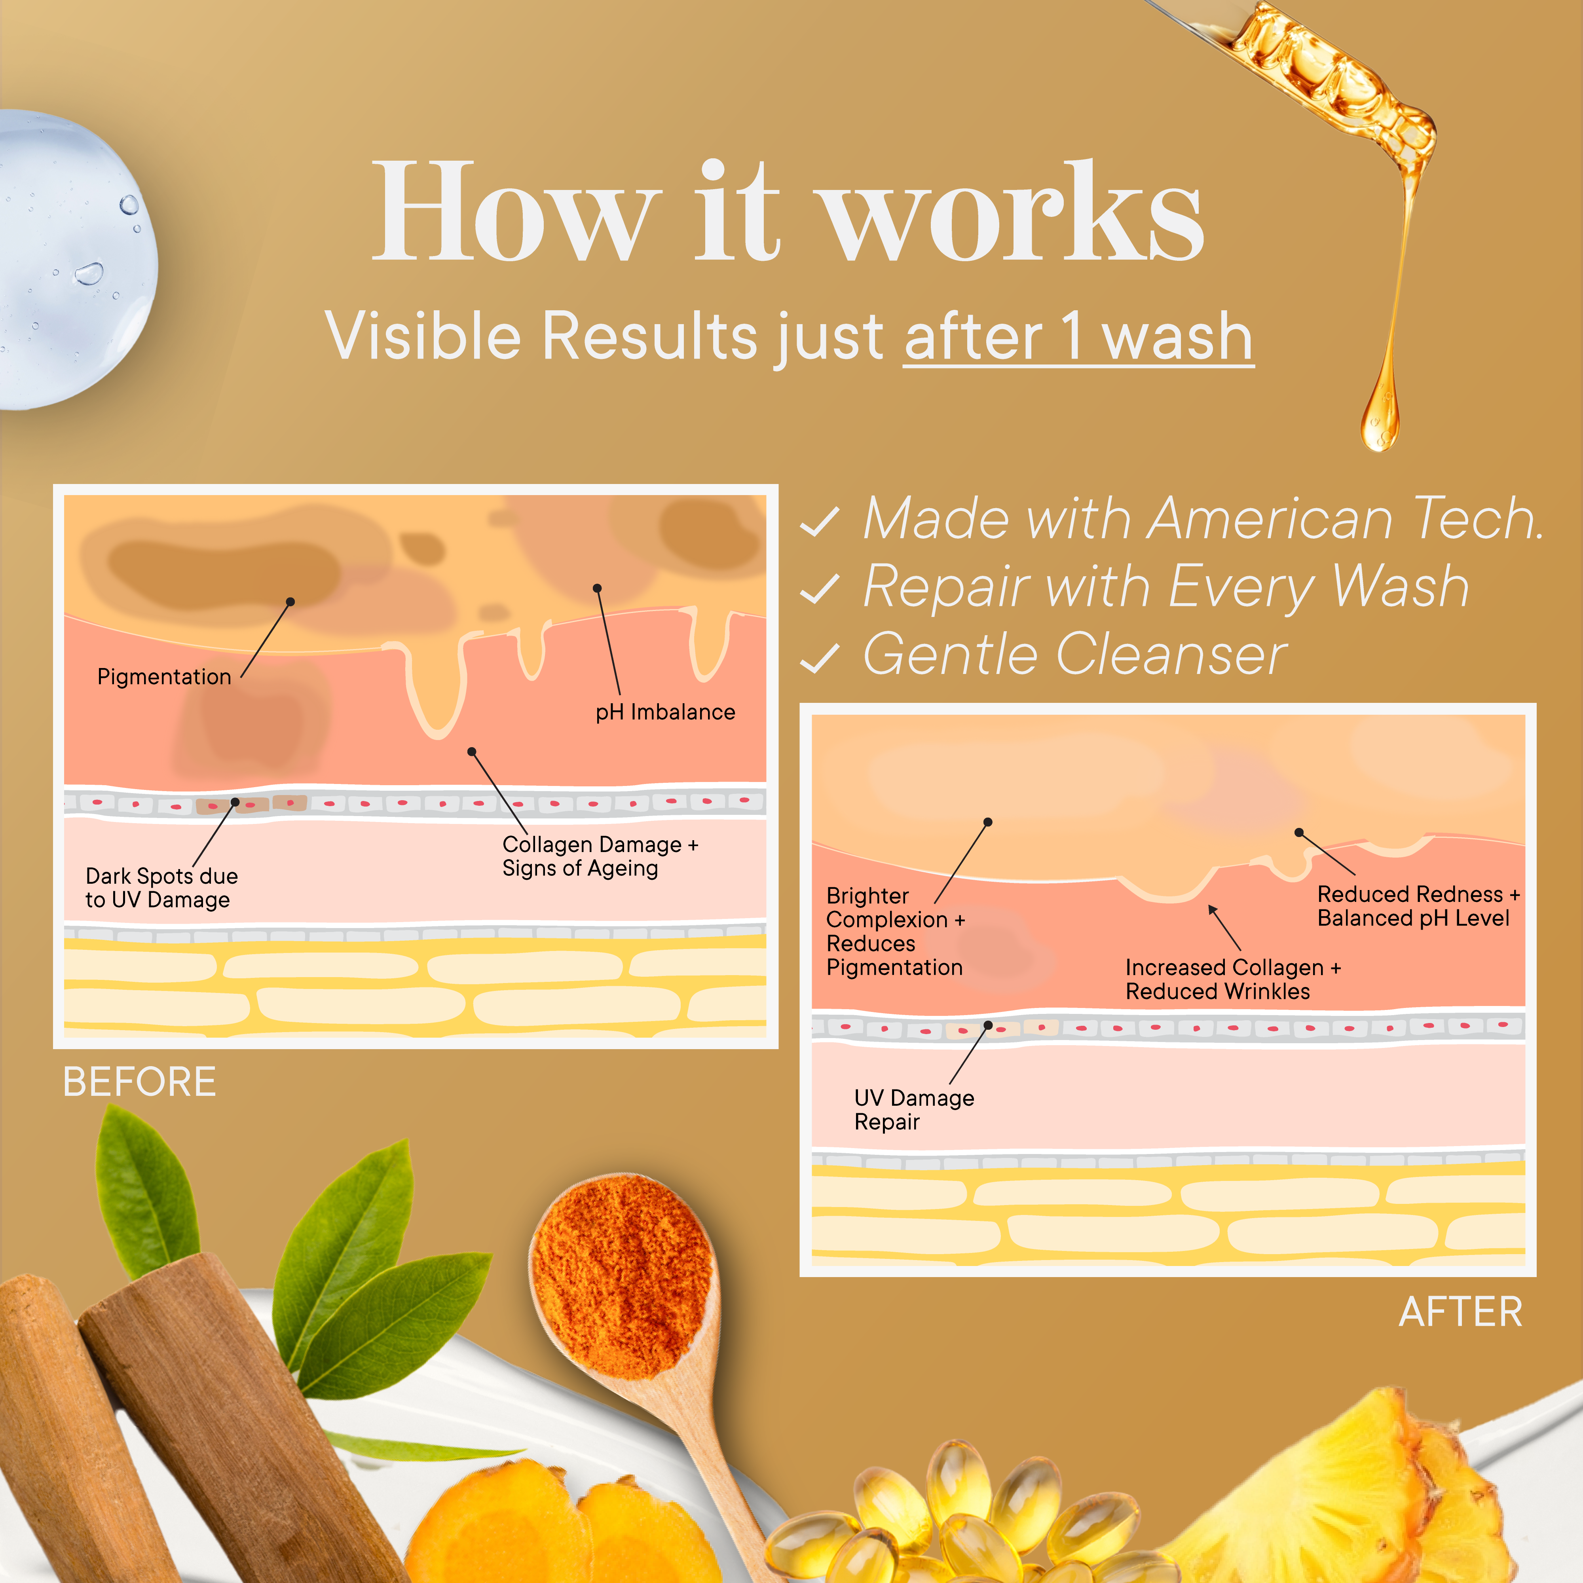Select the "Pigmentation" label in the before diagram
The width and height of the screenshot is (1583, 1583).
tap(164, 677)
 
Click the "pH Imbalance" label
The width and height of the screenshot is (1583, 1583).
tap(665, 712)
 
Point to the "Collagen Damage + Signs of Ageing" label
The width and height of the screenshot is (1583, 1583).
tap(600, 856)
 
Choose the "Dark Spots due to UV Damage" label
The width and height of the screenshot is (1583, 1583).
tap(161, 887)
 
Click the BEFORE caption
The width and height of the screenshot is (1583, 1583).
tap(139, 1082)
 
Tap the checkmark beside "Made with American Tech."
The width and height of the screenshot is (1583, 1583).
tap(819, 521)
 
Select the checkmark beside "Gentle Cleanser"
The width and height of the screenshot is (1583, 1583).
tap(819, 658)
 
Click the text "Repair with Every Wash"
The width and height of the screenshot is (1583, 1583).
tap(1166, 587)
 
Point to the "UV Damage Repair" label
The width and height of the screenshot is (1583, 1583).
tap(913, 1109)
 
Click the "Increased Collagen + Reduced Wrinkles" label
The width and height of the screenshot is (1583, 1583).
tap(1233, 979)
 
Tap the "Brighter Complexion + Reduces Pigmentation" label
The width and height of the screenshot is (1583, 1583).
tap(895, 932)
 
